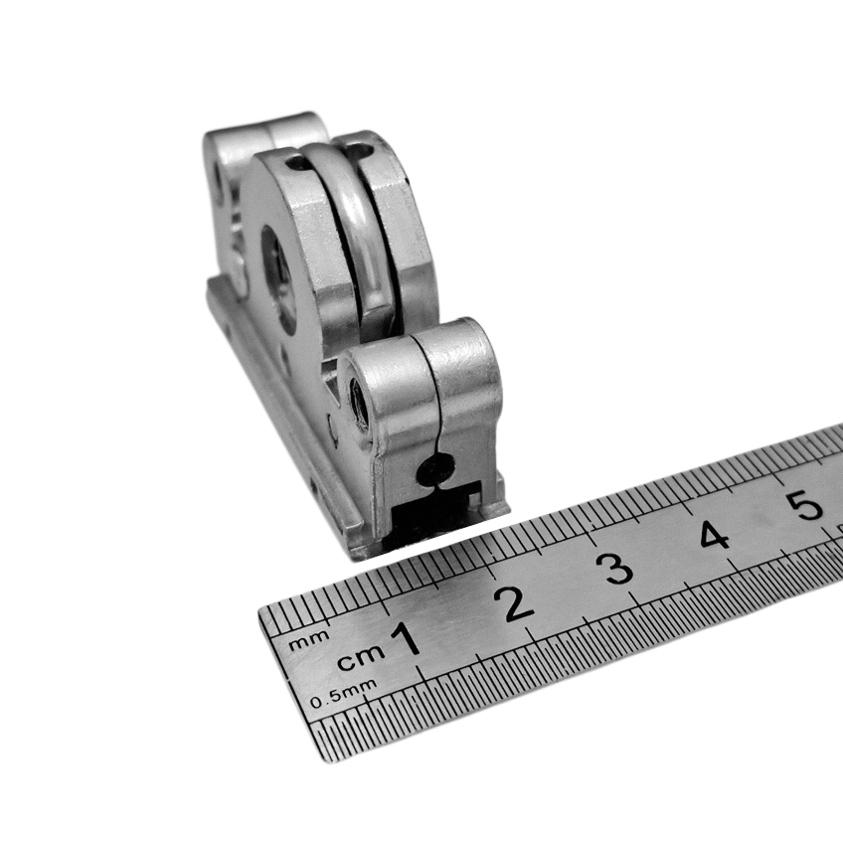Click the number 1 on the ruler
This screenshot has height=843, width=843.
(x=407, y=638)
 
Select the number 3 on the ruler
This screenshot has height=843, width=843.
(x=616, y=568)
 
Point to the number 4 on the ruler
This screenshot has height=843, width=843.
(x=714, y=535)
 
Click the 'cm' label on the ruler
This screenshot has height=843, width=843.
(x=361, y=657)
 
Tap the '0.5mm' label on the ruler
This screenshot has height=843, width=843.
(x=343, y=695)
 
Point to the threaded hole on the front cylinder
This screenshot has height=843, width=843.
(x=359, y=404)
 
